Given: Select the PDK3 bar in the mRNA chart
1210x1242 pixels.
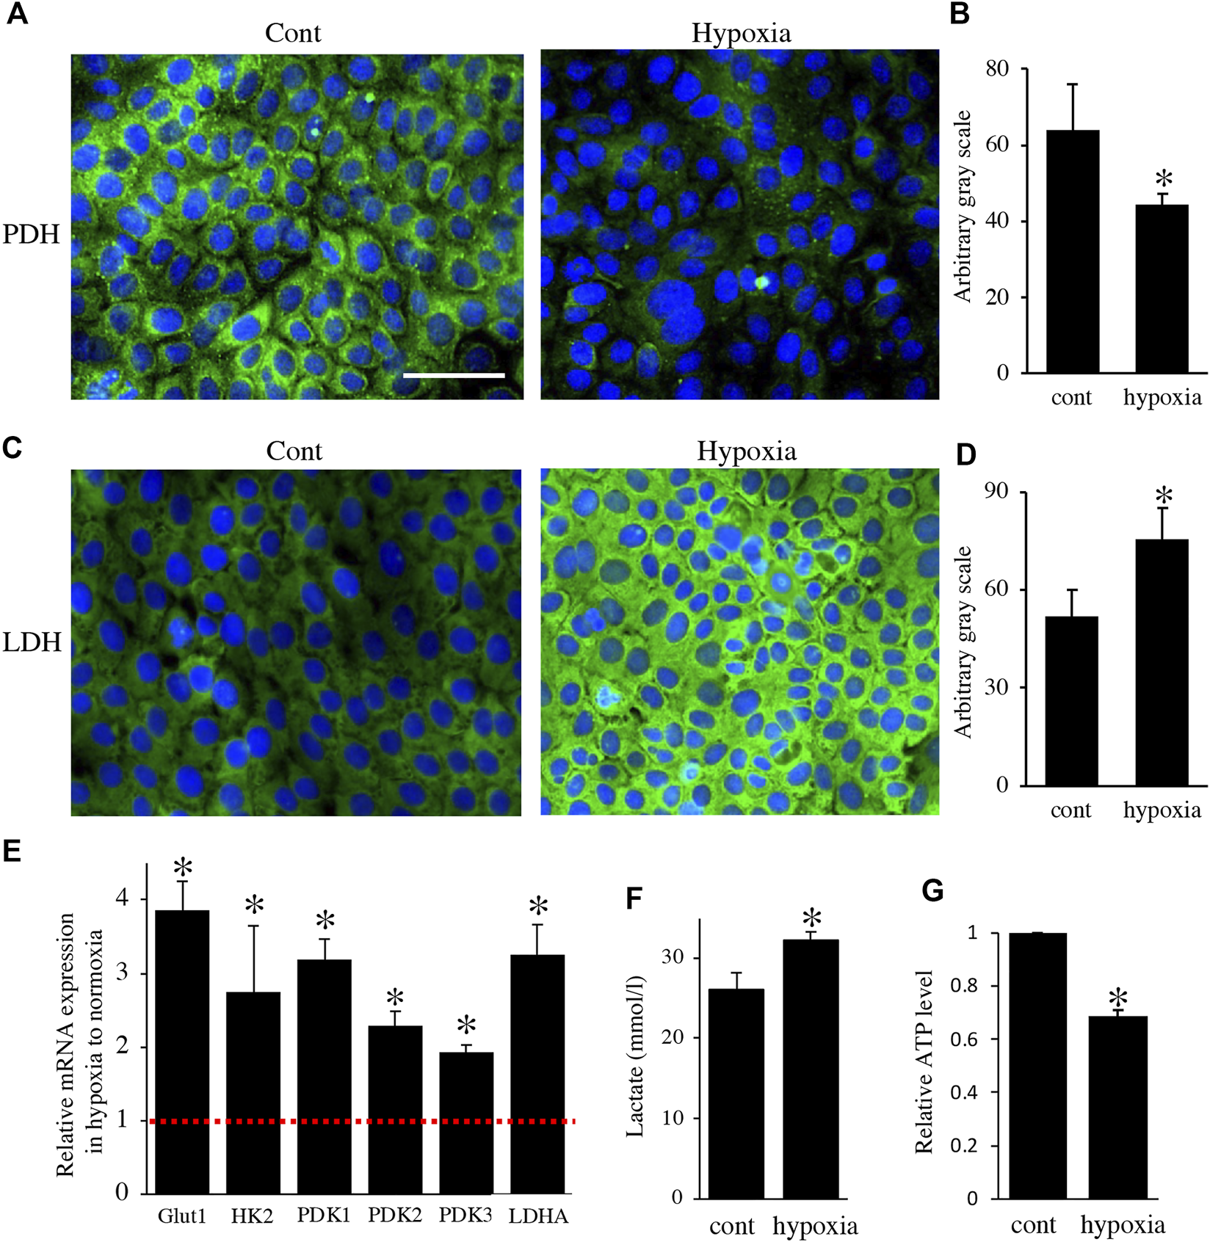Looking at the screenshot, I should tap(466, 1122).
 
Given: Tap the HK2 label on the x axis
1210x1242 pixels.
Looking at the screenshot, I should tap(252, 1216).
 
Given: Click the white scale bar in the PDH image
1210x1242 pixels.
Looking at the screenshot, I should tap(454, 375).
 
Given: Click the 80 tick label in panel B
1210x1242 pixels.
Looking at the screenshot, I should tap(997, 69).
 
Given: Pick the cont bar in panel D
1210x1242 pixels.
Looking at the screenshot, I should tap(1072, 701).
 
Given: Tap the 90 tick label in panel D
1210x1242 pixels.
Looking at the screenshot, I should tap(996, 492).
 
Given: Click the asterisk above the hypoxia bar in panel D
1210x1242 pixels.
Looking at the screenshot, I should tap(1164, 496).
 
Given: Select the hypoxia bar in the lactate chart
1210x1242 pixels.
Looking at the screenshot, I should tap(811, 1069).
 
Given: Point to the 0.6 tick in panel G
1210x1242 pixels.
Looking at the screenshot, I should tap(963, 1039).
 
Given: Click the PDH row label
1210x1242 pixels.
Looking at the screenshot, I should tap(31, 234).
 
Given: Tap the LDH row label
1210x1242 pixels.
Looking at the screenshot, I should tap(32, 642).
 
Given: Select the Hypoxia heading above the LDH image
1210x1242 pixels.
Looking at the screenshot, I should tap(746, 451).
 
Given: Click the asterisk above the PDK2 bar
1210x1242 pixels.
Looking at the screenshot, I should tap(395, 998).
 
